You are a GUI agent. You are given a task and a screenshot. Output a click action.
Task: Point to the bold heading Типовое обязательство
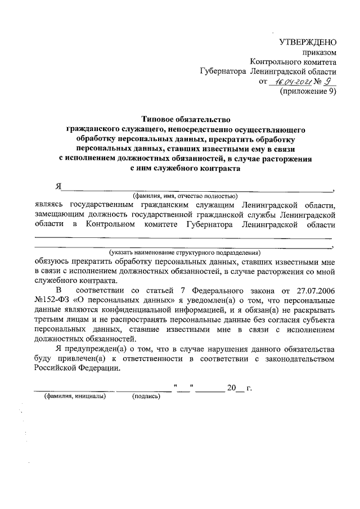(186, 119)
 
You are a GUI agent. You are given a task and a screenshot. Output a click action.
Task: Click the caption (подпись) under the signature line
(146, 397)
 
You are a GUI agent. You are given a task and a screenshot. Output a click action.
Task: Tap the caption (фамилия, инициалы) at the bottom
(75, 397)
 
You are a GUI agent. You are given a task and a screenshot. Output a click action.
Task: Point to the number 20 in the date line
(231, 388)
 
